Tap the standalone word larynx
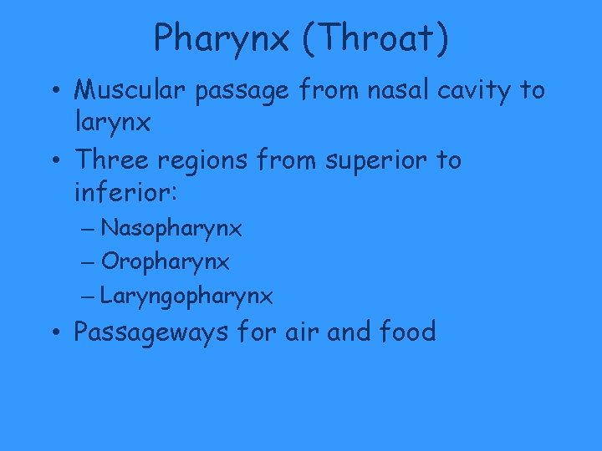pos(113,124)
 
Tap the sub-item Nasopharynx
pos(171,228)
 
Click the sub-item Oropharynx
pos(165,262)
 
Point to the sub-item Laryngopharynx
pos(186,296)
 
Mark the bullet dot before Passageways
pos(54,333)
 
